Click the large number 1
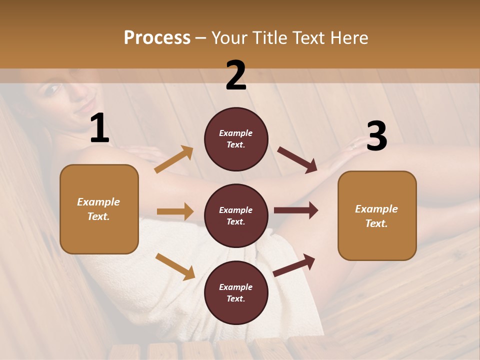[x=100, y=128]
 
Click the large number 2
[x=236, y=75]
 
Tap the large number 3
[x=376, y=136]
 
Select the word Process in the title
[x=157, y=37]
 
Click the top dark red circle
[x=236, y=139]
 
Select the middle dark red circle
[x=236, y=215]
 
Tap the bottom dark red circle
[x=236, y=292]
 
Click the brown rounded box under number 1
[x=99, y=209]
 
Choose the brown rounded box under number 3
[x=377, y=215]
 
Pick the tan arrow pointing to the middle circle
[x=175, y=211]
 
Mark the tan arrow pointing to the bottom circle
[x=175, y=266]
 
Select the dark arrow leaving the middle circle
[x=296, y=210]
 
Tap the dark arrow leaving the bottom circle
[x=294, y=264]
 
